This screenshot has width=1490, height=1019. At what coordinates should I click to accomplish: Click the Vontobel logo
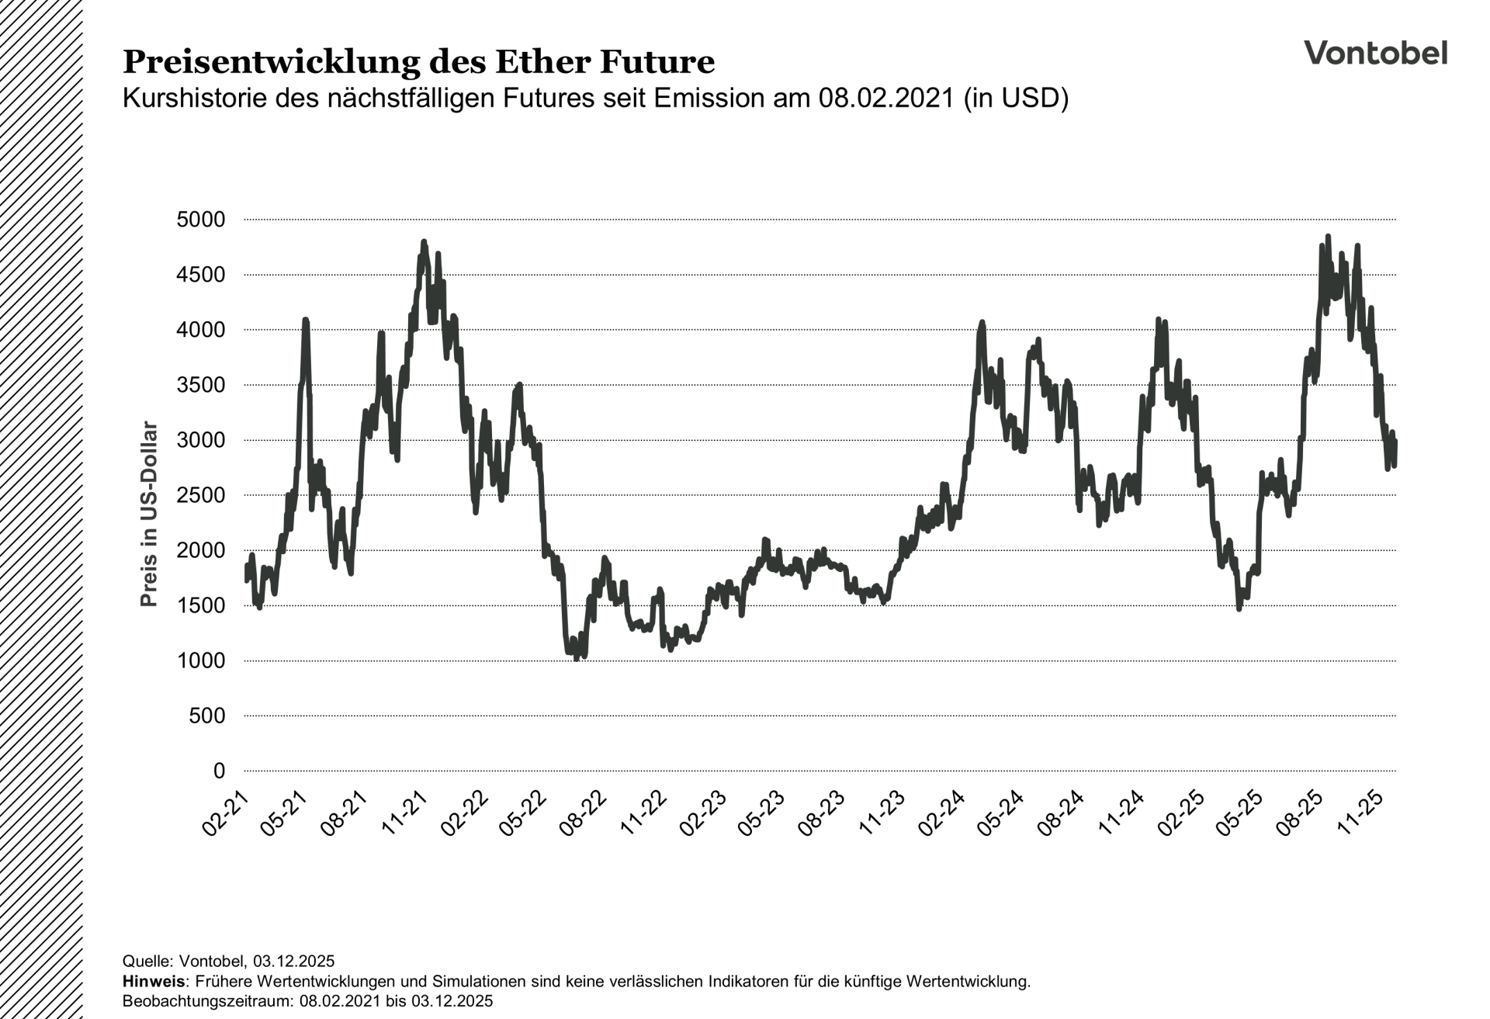click(1375, 53)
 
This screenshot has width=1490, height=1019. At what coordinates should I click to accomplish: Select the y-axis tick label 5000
click(201, 220)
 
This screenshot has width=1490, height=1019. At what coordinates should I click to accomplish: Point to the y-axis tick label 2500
click(201, 495)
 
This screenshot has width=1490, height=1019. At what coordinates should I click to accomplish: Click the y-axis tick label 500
click(207, 716)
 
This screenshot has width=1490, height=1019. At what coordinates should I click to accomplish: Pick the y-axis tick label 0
click(220, 771)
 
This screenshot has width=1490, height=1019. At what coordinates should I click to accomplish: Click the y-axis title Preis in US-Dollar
click(149, 514)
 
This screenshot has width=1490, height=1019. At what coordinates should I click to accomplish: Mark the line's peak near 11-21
click(424, 242)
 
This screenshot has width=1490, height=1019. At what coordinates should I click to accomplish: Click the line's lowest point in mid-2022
click(577, 658)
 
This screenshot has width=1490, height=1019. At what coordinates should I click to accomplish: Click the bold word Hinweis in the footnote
click(154, 981)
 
